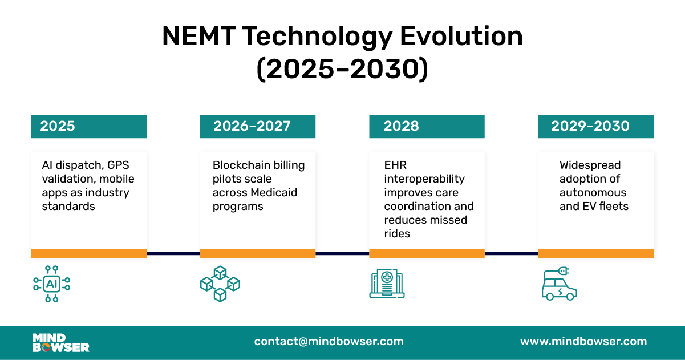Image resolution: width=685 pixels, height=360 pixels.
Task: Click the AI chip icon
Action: [52, 284]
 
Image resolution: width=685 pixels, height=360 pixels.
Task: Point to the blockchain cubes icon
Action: [220, 284]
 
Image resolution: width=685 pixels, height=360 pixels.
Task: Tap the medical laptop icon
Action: [387, 284]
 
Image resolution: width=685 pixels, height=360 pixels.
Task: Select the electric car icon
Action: [558, 284]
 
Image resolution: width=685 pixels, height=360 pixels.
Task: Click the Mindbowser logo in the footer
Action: [61, 342]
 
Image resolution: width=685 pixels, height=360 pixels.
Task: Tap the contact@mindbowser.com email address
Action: [329, 342]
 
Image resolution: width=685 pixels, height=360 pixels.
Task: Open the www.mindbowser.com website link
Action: [583, 342]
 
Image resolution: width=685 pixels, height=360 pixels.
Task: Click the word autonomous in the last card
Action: [593, 193]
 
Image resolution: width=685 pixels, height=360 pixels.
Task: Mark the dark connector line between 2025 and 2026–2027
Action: [173, 253]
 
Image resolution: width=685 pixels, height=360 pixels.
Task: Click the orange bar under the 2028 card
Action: [427, 254]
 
